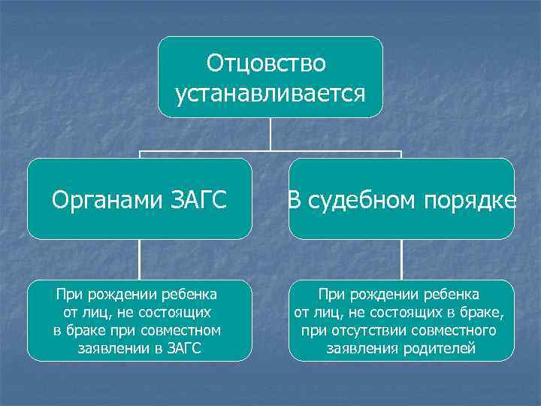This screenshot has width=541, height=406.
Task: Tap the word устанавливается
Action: pos(270,94)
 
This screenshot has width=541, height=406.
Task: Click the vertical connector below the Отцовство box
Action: pos(270,134)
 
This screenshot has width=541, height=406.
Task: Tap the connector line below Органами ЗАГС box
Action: pos(140,259)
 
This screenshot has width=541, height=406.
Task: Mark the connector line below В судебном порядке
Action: pos(401,259)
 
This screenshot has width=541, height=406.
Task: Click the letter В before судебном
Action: pos(295,200)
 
